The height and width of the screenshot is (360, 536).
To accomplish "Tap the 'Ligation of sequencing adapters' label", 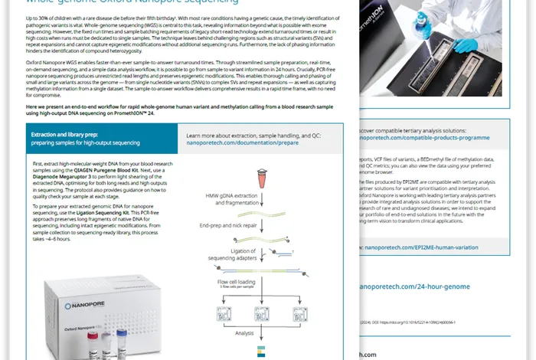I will [x=227, y=257].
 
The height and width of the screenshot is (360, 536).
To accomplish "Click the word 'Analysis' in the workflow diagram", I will [x=243, y=333].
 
